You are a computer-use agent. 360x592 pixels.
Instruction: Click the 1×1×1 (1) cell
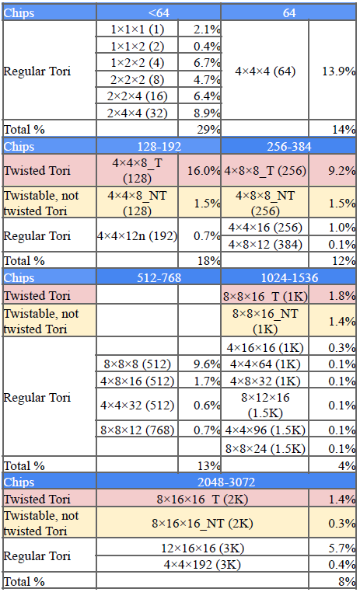point(137,29)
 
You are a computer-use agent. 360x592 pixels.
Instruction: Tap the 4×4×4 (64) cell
point(265,71)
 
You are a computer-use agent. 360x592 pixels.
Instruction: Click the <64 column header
point(159,13)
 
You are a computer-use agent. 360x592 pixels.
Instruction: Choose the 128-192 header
point(159,147)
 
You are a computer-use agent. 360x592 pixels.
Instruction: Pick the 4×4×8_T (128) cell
point(137,170)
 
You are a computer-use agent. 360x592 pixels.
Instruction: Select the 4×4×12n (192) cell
point(137,236)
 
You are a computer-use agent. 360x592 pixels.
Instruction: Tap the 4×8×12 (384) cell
point(265,244)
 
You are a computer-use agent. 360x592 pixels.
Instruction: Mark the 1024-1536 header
point(289,278)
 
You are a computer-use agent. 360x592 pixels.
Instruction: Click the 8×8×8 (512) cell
point(137,364)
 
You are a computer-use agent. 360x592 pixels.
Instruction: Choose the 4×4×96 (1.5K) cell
point(265,430)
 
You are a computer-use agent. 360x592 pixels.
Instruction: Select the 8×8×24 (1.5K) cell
point(265,448)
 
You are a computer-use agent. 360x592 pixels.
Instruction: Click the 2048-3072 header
point(226,482)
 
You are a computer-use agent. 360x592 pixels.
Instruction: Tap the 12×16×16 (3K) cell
point(202,548)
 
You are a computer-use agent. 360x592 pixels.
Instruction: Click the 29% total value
point(208,130)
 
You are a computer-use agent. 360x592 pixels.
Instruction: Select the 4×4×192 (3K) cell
point(202,565)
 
